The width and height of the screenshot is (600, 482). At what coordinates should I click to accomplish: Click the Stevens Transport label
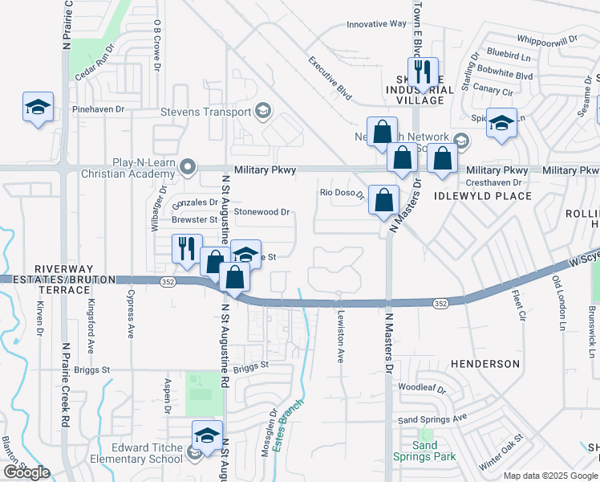coord(206,112)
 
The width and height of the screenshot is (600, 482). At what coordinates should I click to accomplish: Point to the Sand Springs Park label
coord(424,451)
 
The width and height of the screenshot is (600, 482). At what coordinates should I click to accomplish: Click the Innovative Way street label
coord(376,24)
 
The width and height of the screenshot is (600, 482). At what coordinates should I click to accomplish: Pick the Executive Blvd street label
coord(330,79)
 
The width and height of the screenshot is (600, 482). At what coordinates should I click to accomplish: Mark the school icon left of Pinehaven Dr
coord(37,108)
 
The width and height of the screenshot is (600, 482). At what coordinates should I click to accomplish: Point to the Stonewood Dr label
coord(261,213)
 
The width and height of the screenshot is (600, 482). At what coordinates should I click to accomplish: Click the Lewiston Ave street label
coord(340,336)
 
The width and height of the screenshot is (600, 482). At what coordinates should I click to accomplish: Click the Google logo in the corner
coord(26,472)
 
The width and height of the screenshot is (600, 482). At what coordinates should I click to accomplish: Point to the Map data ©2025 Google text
coord(549,476)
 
